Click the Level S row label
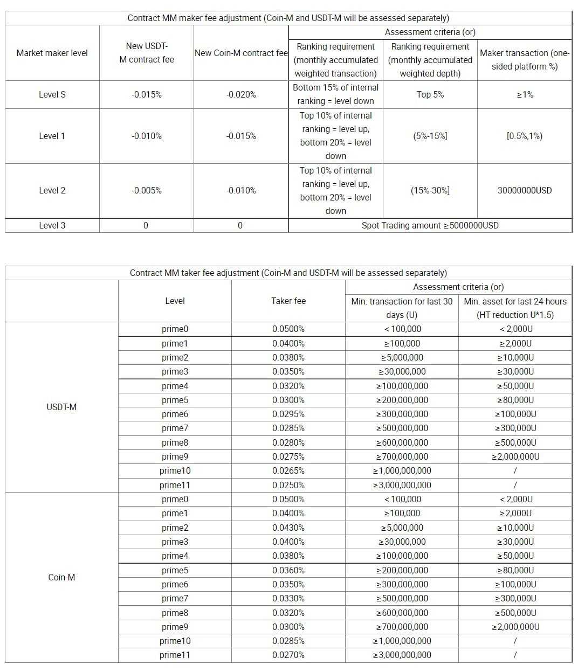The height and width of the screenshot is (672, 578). [x=52, y=94]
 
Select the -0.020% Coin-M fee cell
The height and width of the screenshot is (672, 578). [x=241, y=94]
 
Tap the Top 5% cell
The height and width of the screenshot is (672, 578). [x=430, y=94]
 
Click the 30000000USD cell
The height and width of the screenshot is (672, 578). [x=525, y=190]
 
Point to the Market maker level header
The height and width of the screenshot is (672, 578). [x=52, y=53]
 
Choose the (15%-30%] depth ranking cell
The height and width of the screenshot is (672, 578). [x=430, y=190]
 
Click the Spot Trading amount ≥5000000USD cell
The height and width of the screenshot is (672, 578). [x=430, y=225]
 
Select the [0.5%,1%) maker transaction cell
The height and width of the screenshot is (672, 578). [x=525, y=136]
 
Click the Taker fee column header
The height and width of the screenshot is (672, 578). [x=288, y=301]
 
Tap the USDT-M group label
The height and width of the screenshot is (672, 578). [x=61, y=407]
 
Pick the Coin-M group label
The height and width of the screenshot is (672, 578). [x=61, y=577]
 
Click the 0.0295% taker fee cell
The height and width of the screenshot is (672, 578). [x=288, y=414]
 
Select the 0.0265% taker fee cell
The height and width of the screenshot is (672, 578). [x=288, y=470]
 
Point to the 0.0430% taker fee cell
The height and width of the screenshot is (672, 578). [x=288, y=528]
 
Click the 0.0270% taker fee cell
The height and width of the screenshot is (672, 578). [x=288, y=655]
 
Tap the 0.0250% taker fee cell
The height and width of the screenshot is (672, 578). [x=288, y=485]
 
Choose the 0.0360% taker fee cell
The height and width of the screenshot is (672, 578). [x=288, y=570]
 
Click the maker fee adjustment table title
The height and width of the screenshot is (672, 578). [x=288, y=18]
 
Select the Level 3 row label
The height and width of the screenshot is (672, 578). [x=52, y=225]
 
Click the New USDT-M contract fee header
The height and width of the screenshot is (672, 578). [x=147, y=53]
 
